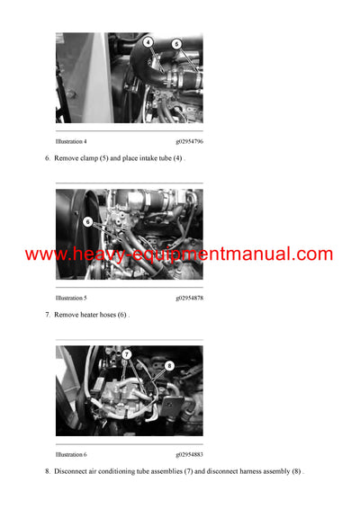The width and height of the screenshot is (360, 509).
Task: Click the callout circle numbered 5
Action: (176, 43)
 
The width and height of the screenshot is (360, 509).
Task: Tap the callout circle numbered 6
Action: (87, 221)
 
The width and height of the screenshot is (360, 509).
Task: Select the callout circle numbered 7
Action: (127, 354)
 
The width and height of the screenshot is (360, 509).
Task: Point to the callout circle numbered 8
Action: (169, 366)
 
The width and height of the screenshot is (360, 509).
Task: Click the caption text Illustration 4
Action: (71, 141)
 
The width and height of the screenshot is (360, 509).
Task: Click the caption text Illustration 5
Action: (71, 298)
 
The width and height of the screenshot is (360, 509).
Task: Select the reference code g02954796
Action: (189, 141)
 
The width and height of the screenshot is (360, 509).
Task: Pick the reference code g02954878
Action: (189, 298)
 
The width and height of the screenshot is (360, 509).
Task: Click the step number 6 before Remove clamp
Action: (47, 158)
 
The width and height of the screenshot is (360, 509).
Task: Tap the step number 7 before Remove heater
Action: (47, 315)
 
